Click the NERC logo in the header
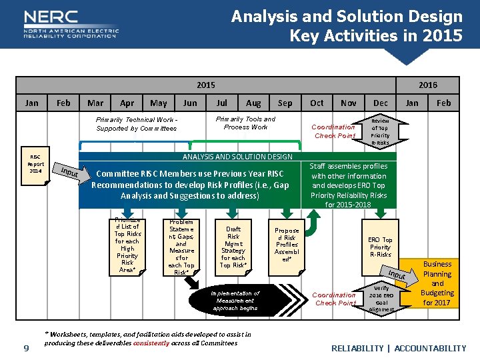tap(70, 24)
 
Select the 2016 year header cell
tap(427, 85)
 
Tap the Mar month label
tap(95, 103)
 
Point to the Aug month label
tap(253, 103)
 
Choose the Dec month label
tap(381, 103)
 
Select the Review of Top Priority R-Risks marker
tap(380, 131)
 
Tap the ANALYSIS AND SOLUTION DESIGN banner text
tap(237, 157)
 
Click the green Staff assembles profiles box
tap(349, 185)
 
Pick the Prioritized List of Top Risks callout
tap(127, 245)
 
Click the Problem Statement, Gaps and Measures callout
tap(181, 247)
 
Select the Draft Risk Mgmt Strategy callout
tap(233, 247)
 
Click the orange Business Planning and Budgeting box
tap(437, 283)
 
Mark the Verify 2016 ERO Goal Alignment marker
tap(381, 298)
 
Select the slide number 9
tap(26, 347)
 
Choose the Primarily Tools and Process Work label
tap(245, 123)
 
